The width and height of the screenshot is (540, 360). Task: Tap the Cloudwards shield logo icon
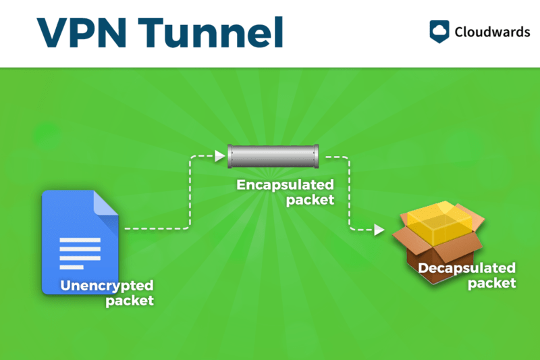coord(439,31)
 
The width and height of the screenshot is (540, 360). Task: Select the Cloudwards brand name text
coord(492,32)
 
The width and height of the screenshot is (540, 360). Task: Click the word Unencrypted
coord(107,285)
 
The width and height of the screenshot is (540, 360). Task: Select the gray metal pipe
coord(274,157)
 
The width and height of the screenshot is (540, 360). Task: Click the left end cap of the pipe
coord(232,157)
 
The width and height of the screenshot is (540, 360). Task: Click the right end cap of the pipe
coord(316,157)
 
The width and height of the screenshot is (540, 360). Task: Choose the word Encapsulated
coord(285,184)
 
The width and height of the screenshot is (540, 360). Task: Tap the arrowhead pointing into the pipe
coord(219,157)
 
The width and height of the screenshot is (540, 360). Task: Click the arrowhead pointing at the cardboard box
coord(379,230)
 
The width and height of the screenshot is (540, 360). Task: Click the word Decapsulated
coord(466,269)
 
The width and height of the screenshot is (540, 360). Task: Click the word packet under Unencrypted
coord(130,300)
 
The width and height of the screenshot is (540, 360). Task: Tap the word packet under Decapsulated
coord(491,283)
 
